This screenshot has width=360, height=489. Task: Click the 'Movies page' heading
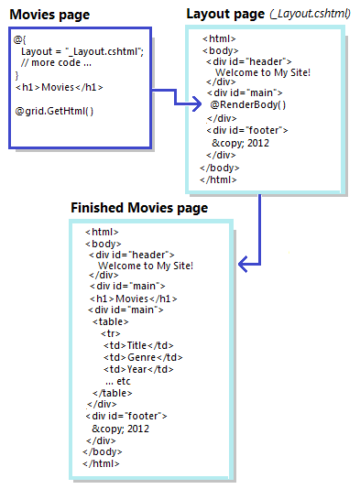[x=49, y=15]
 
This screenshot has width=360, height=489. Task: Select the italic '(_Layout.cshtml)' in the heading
[x=311, y=14]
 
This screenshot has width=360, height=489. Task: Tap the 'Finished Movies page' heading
[x=139, y=208]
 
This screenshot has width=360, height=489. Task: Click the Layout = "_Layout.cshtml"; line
[x=82, y=51]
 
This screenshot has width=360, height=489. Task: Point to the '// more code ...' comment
[x=56, y=62]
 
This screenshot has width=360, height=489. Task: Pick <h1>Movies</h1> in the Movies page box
[x=60, y=87]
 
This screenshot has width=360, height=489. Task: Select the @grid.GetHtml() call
[x=54, y=111]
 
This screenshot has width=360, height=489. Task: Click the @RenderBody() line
[x=248, y=104]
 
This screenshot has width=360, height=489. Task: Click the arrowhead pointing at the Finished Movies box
[x=242, y=264]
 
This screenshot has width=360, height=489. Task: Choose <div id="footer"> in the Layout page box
[x=247, y=130]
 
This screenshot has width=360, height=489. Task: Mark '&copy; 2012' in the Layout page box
[x=241, y=143]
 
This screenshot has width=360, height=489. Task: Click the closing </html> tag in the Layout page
[x=218, y=179]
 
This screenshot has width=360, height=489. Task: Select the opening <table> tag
[x=111, y=321]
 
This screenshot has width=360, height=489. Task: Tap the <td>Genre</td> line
[x=143, y=357]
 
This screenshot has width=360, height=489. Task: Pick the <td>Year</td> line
[x=138, y=369]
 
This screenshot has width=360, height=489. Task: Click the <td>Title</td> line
[x=138, y=345]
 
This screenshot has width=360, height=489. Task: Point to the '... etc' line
[x=118, y=381]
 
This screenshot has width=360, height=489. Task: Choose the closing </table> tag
[x=113, y=393]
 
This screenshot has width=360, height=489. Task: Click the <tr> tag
[x=111, y=333]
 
